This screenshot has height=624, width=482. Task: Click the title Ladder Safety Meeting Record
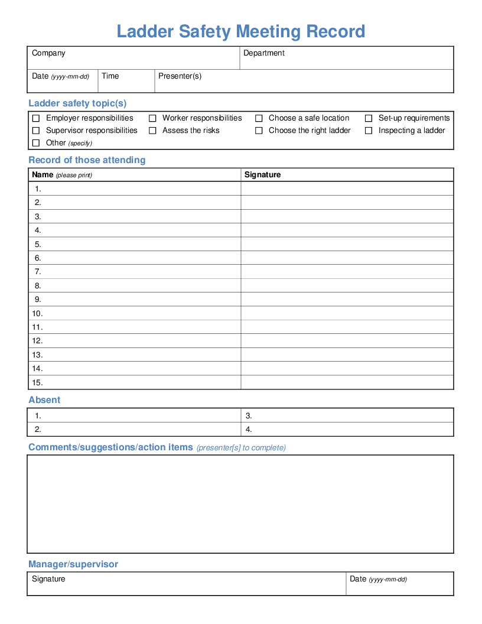(x=241, y=31)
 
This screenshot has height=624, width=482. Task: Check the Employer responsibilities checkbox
(x=36, y=118)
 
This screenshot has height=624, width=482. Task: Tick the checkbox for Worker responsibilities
(x=152, y=118)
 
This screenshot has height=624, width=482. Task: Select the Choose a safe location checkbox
(x=259, y=118)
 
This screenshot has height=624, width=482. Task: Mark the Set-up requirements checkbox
(x=369, y=118)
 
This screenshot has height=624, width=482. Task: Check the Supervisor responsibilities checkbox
(x=36, y=131)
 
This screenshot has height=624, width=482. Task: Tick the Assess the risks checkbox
(x=152, y=131)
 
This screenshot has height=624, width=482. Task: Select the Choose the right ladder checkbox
(x=259, y=131)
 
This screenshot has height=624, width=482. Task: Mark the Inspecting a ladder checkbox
(x=369, y=131)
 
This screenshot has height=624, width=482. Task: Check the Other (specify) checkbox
(x=36, y=143)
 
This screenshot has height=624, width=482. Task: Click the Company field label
(x=48, y=53)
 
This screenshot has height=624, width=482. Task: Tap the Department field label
(x=264, y=53)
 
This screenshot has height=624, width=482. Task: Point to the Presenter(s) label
(x=180, y=76)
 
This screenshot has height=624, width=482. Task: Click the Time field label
(x=110, y=76)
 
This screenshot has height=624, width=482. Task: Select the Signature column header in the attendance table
(x=263, y=175)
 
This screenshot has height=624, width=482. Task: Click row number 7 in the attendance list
(x=38, y=272)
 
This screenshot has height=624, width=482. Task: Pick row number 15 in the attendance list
(x=37, y=383)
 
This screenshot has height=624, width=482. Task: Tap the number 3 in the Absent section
(x=249, y=416)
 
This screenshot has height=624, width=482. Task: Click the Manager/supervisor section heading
(x=73, y=564)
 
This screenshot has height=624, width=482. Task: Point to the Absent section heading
(x=44, y=400)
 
